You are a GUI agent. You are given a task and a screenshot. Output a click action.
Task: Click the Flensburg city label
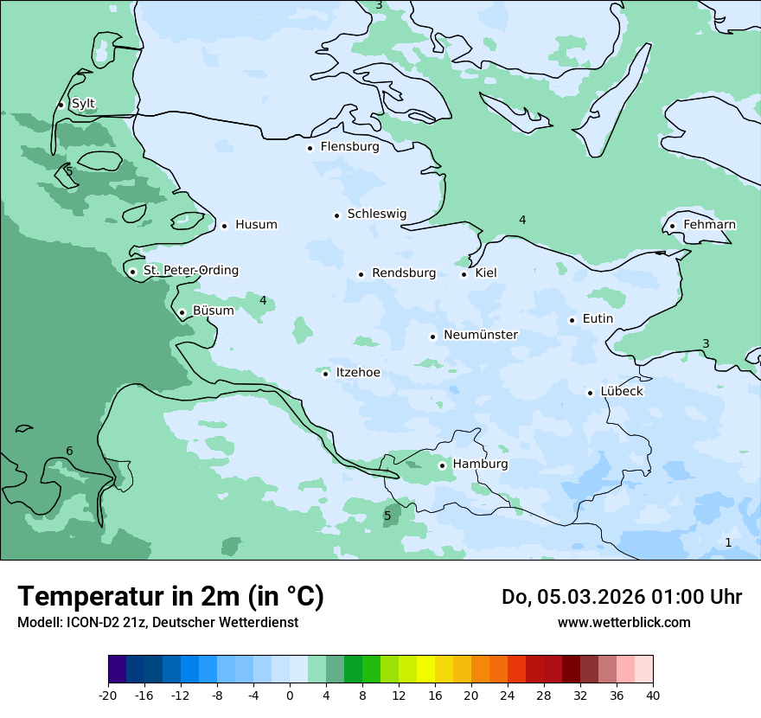[x=349, y=147]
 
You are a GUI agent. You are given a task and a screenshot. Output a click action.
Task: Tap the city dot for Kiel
[x=464, y=274]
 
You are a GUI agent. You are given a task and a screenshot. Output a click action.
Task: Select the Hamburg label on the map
[x=480, y=465]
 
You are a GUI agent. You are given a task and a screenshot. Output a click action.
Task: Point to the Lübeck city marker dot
[x=591, y=393]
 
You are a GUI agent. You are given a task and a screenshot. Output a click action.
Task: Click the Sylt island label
[x=83, y=104]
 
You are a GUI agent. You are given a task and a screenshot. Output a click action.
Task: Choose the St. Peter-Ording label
[x=190, y=271]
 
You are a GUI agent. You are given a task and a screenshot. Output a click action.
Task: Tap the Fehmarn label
[x=709, y=225]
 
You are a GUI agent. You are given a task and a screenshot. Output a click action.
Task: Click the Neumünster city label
[x=481, y=336]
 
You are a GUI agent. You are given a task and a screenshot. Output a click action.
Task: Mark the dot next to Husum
[x=224, y=226]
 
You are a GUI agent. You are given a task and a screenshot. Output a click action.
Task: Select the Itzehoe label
[x=357, y=373]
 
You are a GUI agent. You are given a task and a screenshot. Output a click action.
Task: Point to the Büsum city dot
[x=182, y=312]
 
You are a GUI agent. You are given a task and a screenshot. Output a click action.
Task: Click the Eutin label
[x=598, y=319]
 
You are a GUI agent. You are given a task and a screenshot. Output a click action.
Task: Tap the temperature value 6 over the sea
[x=69, y=451]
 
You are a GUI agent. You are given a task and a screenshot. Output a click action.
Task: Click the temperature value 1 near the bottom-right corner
[x=727, y=542]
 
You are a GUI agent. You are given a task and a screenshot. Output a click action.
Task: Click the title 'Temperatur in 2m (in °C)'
[x=170, y=597]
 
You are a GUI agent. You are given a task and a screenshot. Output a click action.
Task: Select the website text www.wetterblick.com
[x=624, y=622]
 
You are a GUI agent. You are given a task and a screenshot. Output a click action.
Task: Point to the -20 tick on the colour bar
[x=108, y=695]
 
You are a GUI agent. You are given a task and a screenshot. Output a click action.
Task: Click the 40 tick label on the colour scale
[x=653, y=695]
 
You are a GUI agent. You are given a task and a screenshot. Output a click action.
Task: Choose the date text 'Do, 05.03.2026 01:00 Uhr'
[x=621, y=597]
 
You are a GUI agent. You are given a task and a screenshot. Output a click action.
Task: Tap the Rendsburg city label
[x=404, y=273]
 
